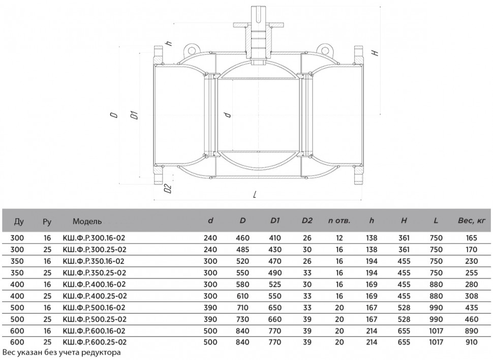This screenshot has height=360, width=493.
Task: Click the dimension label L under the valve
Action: [255, 195]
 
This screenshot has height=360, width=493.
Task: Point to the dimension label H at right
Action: [375, 53]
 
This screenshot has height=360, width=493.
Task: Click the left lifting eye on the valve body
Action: [191, 49]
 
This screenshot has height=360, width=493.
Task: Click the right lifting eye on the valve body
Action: [324, 49]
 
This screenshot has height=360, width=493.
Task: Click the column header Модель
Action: [87, 221]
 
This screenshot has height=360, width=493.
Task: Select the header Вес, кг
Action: [472, 221]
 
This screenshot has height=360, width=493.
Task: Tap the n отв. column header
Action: [339, 221]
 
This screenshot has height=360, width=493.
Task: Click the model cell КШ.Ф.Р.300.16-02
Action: [94, 238]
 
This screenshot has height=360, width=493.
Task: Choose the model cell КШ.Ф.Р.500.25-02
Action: [95, 319]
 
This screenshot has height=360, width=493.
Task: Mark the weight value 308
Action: [472, 296]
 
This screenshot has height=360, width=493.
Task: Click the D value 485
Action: [242, 250]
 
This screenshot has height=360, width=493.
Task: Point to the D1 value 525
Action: [275, 284]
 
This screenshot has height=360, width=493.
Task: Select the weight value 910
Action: [472, 342]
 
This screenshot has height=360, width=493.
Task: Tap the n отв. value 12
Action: [339, 238]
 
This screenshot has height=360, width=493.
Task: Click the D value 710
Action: [242, 308]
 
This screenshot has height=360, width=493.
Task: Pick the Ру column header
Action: [47, 222]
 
